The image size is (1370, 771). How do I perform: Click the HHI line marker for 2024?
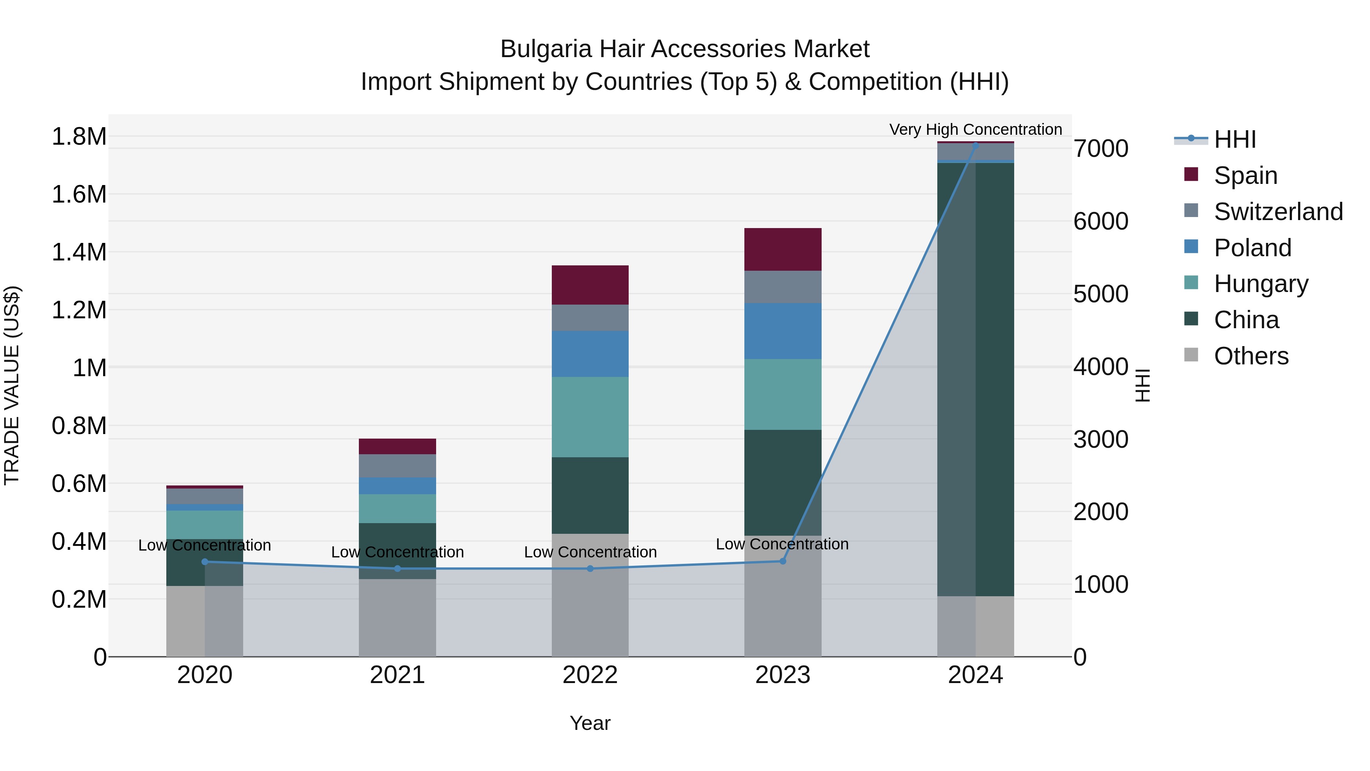coord(975,145)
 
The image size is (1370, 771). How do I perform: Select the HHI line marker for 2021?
coord(397,569)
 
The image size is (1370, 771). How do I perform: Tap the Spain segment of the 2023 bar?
coord(782,249)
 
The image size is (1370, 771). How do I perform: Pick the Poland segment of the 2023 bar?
coord(782,331)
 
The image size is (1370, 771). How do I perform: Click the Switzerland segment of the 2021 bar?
coord(397,466)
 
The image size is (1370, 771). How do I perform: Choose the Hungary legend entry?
coord(1260,284)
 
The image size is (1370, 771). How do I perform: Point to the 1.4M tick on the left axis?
coord(79,252)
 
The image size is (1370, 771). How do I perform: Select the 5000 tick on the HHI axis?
coord(1100,294)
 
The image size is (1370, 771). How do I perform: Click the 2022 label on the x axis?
coord(590,675)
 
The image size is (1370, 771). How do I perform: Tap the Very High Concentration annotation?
coord(975,129)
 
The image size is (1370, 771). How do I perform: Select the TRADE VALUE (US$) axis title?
coord(12,385)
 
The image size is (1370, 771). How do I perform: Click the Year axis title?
coord(590,723)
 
